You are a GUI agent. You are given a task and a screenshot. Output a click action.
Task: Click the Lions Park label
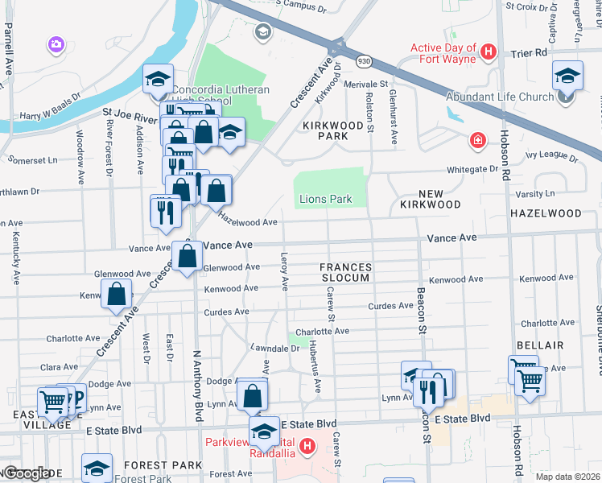325,199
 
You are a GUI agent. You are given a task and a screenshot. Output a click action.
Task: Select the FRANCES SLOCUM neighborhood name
345,272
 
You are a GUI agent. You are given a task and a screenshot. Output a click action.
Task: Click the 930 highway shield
365,60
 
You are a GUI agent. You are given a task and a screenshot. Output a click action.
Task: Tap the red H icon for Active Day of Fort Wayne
487,53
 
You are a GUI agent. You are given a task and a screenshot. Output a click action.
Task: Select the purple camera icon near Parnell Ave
56,43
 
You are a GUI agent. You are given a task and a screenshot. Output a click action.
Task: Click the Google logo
27,473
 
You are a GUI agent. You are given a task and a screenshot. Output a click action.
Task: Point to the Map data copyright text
567,477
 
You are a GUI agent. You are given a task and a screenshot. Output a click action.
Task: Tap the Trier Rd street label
529,52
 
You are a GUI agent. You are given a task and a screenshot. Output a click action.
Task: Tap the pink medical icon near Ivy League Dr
478,141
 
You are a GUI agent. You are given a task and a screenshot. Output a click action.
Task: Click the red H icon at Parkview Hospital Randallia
307,445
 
